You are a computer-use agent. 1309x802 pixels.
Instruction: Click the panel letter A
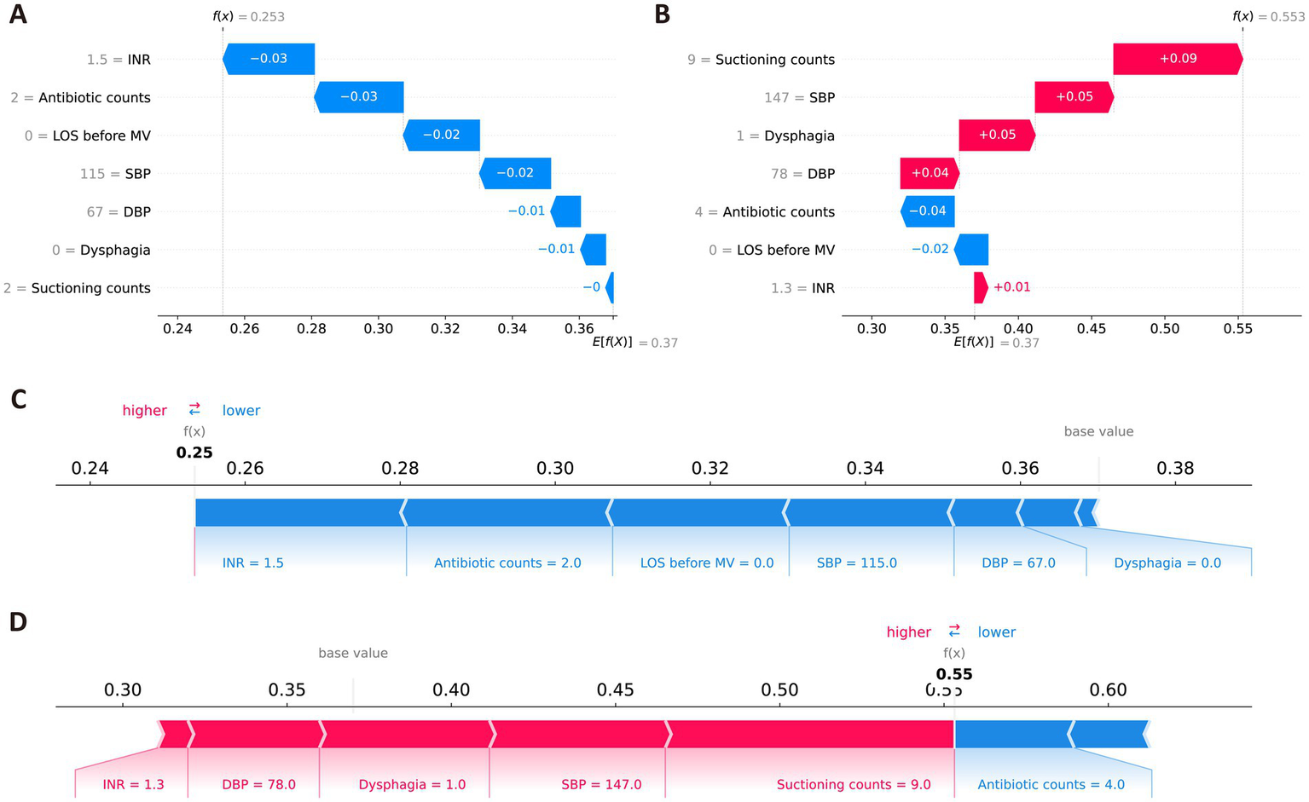(17, 15)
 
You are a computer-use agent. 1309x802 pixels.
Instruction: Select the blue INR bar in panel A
(269, 59)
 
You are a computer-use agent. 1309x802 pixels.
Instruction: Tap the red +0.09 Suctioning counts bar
(1177, 59)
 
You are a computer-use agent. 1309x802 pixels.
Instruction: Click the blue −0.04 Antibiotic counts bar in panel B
(927, 211)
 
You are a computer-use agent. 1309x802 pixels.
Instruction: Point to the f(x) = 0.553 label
(1268, 16)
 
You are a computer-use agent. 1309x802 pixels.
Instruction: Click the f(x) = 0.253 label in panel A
(248, 16)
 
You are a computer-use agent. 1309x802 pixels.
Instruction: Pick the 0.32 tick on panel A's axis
(445, 329)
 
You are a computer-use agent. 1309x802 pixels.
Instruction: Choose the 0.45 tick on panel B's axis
(1092, 329)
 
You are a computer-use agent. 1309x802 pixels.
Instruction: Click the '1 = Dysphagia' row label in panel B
(785, 136)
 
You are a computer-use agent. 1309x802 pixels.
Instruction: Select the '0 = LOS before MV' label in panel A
(88, 136)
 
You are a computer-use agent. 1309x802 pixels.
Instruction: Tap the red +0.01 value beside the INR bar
(1011, 287)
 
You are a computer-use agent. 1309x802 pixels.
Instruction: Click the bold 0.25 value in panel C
(194, 453)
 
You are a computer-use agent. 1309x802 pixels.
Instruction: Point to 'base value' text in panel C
(1098, 431)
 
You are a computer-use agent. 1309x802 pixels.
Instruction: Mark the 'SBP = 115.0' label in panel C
(856, 563)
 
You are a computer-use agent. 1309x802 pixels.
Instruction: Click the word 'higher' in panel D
(908, 632)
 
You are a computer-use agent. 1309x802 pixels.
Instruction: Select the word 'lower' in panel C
(241, 410)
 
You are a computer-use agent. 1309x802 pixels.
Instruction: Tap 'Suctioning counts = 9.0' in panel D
(853, 784)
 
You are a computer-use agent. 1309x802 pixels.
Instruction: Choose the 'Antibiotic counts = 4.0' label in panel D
(1051, 784)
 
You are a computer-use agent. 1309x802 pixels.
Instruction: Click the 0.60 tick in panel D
(1108, 689)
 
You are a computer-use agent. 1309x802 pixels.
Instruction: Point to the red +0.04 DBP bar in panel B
(930, 173)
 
